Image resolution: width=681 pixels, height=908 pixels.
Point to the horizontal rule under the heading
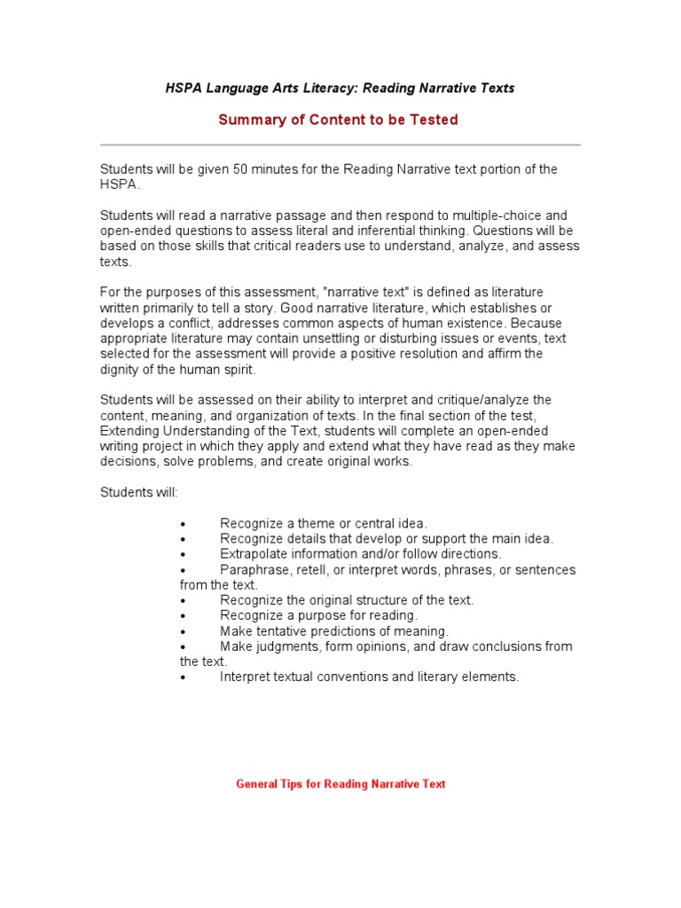point(340,145)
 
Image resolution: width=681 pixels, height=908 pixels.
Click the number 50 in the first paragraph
point(241,168)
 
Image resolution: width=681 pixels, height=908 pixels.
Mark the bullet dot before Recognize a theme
point(182,524)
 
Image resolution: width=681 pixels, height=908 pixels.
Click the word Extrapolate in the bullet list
point(253,554)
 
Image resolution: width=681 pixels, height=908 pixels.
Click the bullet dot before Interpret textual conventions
point(182,677)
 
